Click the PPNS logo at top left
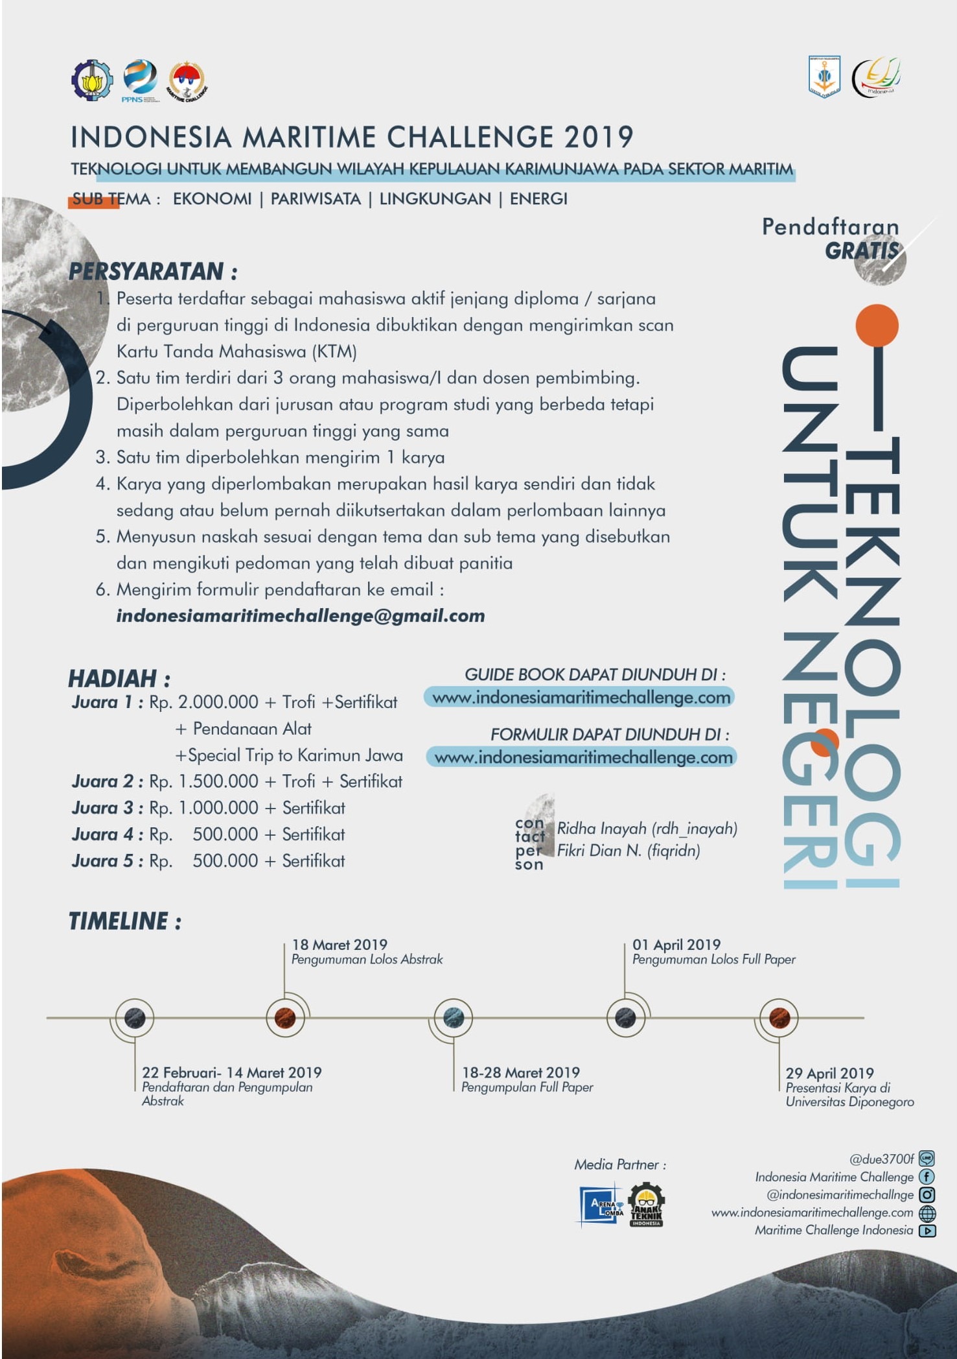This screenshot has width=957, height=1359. click(x=140, y=80)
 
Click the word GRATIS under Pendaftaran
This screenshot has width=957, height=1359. click(x=861, y=251)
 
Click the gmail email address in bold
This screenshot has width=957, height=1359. click(x=300, y=615)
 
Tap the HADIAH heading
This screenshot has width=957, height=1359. click(x=119, y=678)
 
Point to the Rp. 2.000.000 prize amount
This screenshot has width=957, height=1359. click(x=203, y=702)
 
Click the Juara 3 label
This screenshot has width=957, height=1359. click(x=107, y=808)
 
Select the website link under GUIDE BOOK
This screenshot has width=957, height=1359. click(x=581, y=698)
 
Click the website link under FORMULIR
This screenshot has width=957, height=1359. click(x=582, y=757)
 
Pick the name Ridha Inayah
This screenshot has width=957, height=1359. click(x=601, y=828)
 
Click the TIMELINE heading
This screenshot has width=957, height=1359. click(x=124, y=921)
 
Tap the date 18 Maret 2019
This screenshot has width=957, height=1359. click(x=339, y=945)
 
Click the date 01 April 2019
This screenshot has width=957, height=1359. click(x=676, y=945)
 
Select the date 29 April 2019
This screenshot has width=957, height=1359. click(x=829, y=1073)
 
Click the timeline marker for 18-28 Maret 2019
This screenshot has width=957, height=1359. click(x=453, y=1017)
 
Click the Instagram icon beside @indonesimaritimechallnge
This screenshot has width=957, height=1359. click(x=927, y=1194)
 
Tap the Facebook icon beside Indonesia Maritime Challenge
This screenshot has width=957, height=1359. click(x=927, y=1177)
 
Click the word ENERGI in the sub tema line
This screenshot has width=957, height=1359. click(x=538, y=199)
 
